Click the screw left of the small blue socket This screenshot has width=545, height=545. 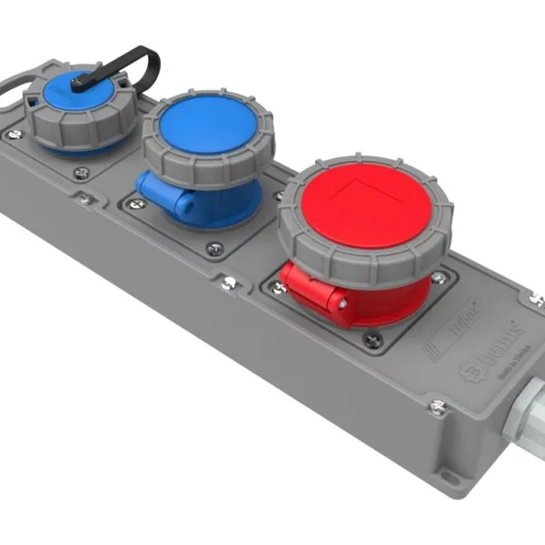tap(13, 134)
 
